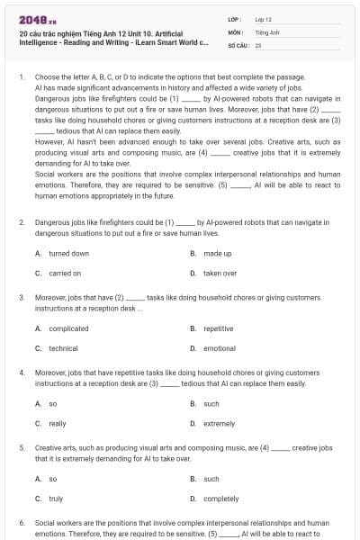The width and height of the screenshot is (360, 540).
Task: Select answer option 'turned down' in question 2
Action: pos(68,254)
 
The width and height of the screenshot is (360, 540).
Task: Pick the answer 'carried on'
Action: pos(65,273)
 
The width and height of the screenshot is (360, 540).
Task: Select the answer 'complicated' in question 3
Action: pos(68,328)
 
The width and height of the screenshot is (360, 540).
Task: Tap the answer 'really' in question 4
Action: pos(58,423)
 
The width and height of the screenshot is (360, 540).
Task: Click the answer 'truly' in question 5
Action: pos(56,498)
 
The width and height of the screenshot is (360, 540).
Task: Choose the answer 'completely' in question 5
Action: pos(221,498)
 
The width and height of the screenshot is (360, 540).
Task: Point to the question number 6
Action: pos(21,522)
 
